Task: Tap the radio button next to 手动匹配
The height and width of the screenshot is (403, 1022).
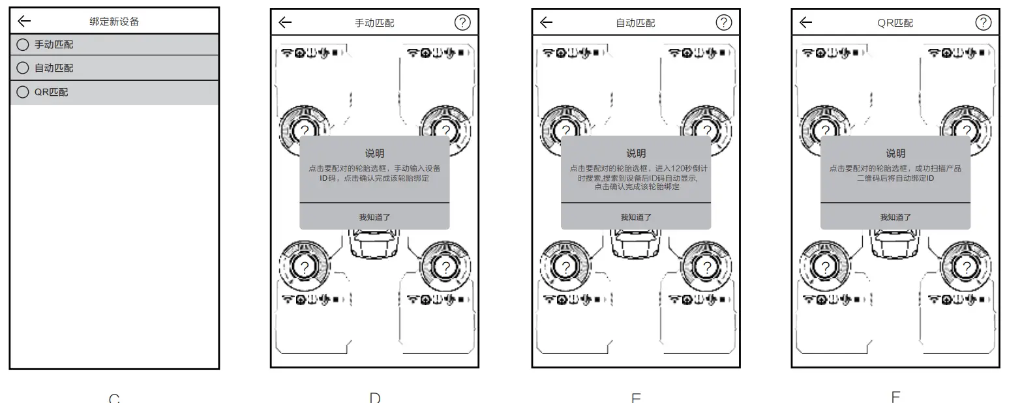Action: [x=23, y=45]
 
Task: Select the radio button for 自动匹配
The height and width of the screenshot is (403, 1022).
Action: [x=23, y=68]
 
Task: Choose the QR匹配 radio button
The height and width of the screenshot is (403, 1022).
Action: [x=23, y=92]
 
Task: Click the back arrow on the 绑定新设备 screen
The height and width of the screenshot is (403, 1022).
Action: [x=24, y=21]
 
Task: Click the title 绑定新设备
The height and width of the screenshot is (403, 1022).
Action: [x=114, y=22]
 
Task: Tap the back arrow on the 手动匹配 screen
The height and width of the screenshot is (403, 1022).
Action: [x=285, y=22]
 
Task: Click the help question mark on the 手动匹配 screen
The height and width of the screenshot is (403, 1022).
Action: [x=462, y=22]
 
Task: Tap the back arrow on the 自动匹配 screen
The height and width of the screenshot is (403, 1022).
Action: [x=547, y=22]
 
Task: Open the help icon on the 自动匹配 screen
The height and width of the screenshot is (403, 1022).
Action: [x=724, y=22]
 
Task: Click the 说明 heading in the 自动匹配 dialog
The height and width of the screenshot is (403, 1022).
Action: [x=636, y=153]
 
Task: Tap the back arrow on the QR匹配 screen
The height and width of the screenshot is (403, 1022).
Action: [x=806, y=22]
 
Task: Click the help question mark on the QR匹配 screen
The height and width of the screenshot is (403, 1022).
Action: [x=984, y=22]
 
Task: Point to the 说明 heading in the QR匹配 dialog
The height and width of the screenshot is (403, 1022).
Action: [x=895, y=153]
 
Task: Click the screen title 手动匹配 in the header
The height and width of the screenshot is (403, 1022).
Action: [x=374, y=23]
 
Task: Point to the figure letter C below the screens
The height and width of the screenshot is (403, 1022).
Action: [x=114, y=398]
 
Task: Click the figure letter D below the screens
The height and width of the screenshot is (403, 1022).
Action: [x=375, y=397]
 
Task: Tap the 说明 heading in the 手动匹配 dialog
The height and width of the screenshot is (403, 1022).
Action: [x=374, y=153]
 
